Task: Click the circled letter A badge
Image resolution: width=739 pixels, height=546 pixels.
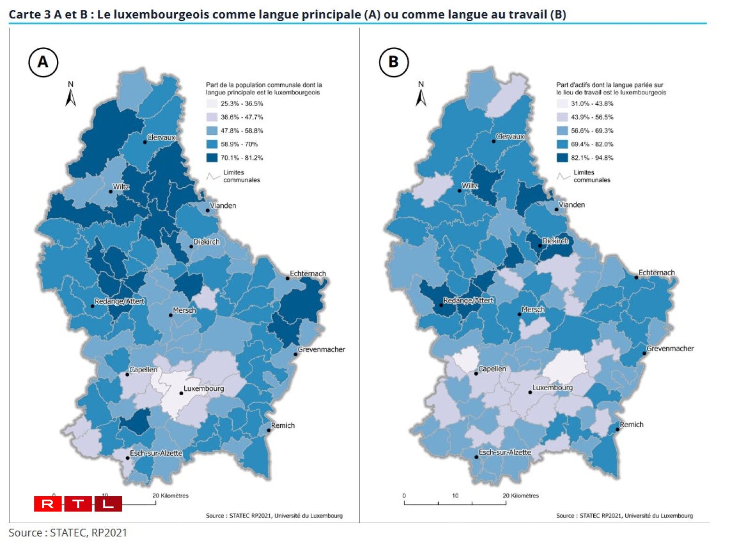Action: [x=43, y=62]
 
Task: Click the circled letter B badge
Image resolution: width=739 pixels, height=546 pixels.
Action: [x=393, y=62]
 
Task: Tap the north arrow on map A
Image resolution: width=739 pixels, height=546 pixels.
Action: [x=71, y=95]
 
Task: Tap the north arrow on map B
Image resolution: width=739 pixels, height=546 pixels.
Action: [x=421, y=95]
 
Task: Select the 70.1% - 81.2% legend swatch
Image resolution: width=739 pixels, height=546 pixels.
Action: [x=212, y=158]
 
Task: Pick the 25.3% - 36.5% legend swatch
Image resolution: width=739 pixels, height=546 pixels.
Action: [x=212, y=104]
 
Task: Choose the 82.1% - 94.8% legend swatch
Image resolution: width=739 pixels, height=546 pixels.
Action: [x=562, y=158]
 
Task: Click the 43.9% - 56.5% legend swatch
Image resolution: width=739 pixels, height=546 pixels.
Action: [x=562, y=117]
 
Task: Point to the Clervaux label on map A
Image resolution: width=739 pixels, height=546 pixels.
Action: [x=161, y=138]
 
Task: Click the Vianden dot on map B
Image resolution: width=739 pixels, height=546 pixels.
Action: [x=556, y=209]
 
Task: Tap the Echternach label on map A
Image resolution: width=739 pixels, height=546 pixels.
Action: [x=308, y=273]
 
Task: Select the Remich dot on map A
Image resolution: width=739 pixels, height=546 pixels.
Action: [x=268, y=430]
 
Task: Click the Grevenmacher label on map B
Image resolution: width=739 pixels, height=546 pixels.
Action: [x=670, y=348]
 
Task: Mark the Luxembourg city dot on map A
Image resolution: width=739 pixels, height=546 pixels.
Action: [x=181, y=393]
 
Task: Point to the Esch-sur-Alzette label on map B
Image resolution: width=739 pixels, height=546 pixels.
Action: [x=505, y=452]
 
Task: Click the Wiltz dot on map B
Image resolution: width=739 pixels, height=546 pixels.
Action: [x=460, y=191]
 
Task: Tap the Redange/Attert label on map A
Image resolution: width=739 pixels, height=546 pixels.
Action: [x=119, y=301]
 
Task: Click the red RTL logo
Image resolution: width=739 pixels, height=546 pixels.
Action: [x=78, y=504]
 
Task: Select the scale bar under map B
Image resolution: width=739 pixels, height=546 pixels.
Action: [x=455, y=503]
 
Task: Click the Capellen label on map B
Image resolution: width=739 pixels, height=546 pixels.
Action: [x=492, y=369]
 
